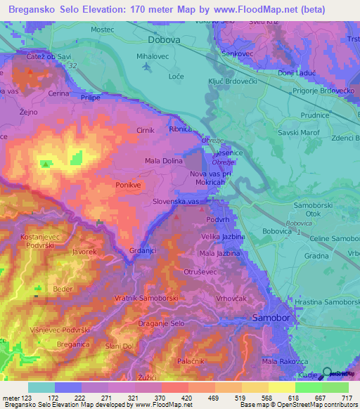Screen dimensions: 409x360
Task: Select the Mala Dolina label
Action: pyautogui.click(x=164, y=161)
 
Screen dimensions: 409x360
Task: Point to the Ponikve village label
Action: pyautogui.click(x=129, y=185)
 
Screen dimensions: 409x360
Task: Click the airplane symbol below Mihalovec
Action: pyautogui.click(x=146, y=67)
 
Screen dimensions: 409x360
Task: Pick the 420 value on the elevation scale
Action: pyautogui.click(x=186, y=398)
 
